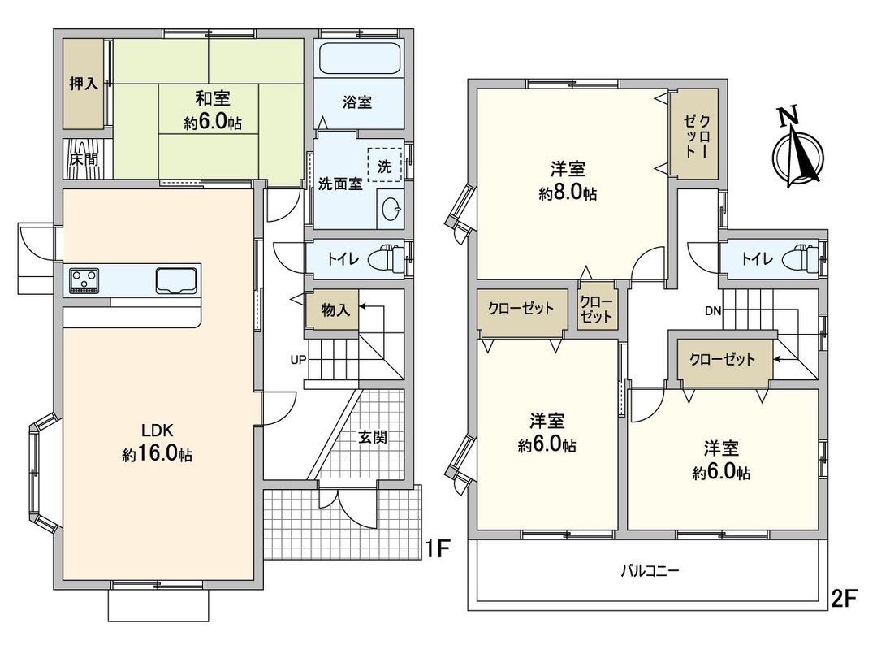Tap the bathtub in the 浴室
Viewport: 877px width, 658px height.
point(359,59)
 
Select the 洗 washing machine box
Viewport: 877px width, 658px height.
point(385,167)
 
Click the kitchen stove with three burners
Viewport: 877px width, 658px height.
point(84,279)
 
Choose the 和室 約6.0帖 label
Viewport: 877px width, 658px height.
point(212,110)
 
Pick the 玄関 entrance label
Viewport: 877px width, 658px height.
point(373,436)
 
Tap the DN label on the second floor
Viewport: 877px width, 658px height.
point(712,310)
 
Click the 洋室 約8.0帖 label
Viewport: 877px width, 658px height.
point(568,181)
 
